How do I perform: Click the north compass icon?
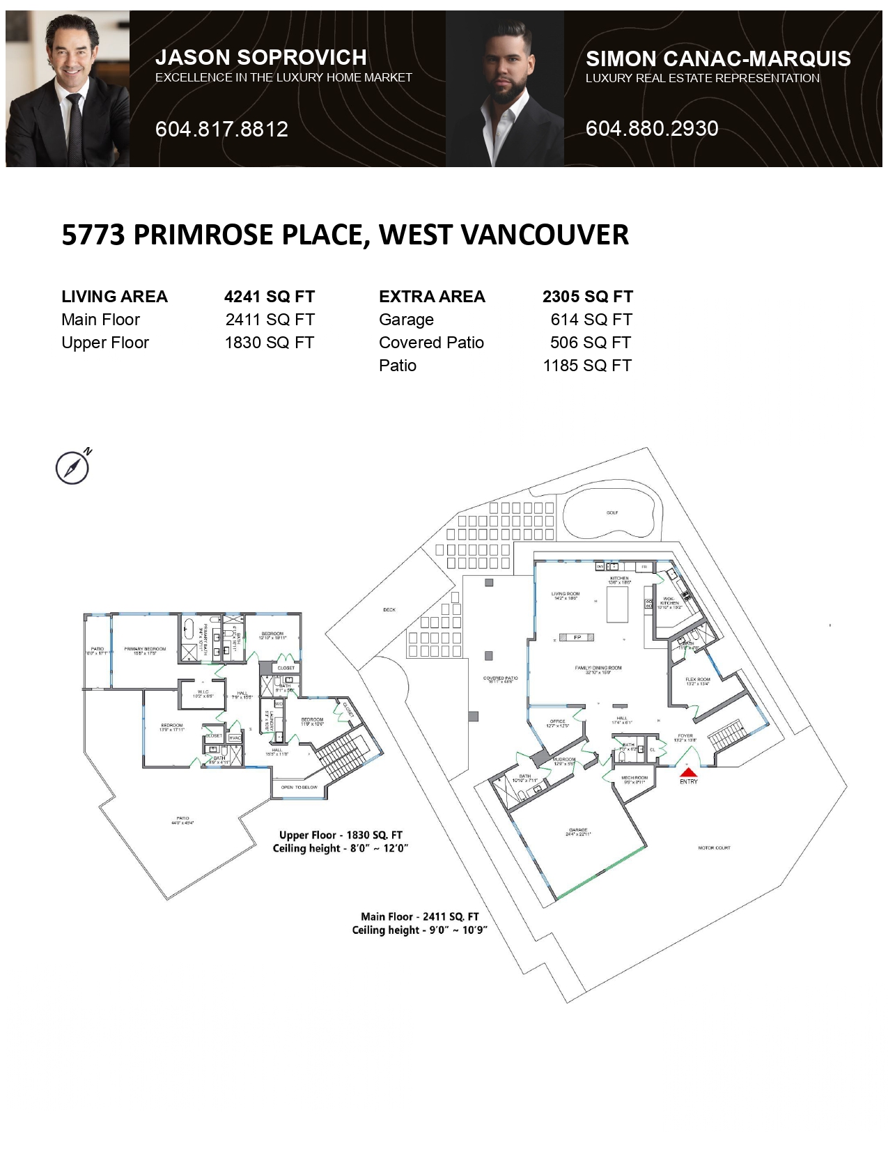72,467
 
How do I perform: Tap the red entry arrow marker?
688,772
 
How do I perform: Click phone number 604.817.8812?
221,129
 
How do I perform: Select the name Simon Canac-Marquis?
718,58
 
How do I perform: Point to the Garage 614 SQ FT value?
591,320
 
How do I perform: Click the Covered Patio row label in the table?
431,343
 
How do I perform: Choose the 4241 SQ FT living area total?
270,297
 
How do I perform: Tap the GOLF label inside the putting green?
612,513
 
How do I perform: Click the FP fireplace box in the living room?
577,637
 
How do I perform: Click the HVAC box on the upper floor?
235,737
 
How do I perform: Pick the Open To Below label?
299,787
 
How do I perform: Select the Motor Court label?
714,847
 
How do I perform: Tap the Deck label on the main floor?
389,609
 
